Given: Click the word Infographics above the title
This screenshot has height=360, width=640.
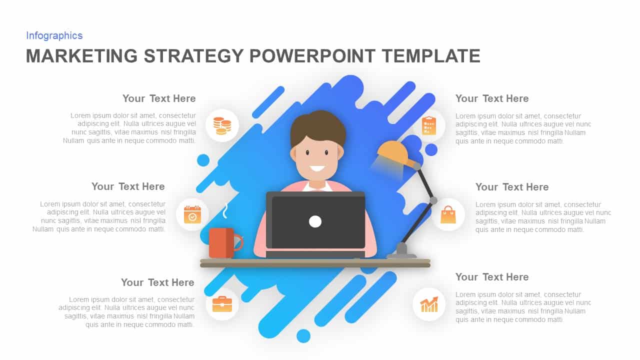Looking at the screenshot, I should pyautogui.click(x=54, y=35).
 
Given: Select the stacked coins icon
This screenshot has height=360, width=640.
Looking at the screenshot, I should pyautogui.click(x=222, y=125).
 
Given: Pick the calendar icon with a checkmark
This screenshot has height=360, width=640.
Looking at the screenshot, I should pyautogui.click(x=192, y=214).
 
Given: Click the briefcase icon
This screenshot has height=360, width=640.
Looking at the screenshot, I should pyautogui.click(x=222, y=303).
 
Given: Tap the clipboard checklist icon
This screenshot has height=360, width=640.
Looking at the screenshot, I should pyautogui.click(x=428, y=125).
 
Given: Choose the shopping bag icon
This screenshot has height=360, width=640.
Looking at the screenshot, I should pyautogui.click(x=448, y=214).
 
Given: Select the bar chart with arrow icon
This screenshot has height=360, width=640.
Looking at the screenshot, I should pyautogui.click(x=429, y=304).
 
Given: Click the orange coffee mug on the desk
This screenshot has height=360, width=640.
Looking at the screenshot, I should pyautogui.click(x=221, y=243).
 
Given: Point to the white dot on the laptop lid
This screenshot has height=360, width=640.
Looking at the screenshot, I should pyautogui.click(x=315, y=221).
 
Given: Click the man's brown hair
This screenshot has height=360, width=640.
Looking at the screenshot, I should pyautogui.click(x=318, y=125).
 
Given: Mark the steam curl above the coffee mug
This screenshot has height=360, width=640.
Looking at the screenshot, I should pyautogui.click(x=225, y=211).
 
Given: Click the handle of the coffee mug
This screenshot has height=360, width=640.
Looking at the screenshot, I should pyautogui.click(x=238, y=243).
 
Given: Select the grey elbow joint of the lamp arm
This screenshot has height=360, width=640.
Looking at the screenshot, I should pyautogui.click(x=433, y=200).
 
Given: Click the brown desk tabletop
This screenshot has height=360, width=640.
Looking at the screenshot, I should pyautogui.click(x=315, y=262).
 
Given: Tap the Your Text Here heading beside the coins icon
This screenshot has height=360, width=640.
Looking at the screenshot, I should pyautogui.click(x=159, y=98).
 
